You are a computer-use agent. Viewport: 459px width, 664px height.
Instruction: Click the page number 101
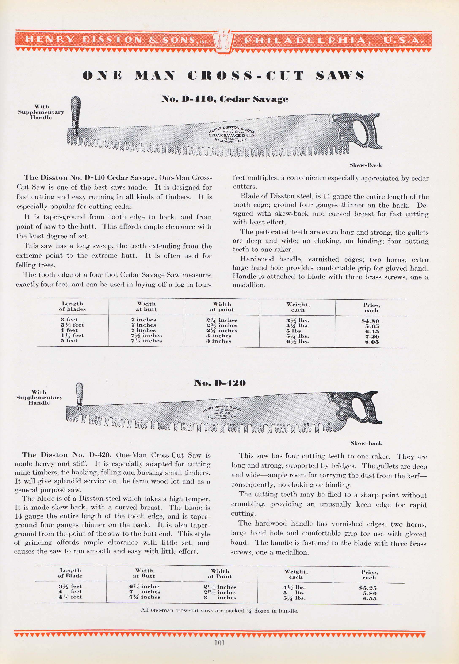(219, 642)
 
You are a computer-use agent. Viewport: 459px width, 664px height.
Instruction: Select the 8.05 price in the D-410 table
(372, 342)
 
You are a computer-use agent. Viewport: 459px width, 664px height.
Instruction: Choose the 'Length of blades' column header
(72, 306)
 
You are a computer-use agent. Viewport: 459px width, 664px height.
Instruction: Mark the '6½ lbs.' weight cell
(297, 341)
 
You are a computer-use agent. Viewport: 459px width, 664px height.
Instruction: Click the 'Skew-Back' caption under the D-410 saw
(365, 165)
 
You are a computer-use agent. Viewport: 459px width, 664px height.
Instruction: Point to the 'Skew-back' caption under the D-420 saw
(366, 443)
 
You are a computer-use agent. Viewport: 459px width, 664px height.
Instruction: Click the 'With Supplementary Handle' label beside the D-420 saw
(39, 398)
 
